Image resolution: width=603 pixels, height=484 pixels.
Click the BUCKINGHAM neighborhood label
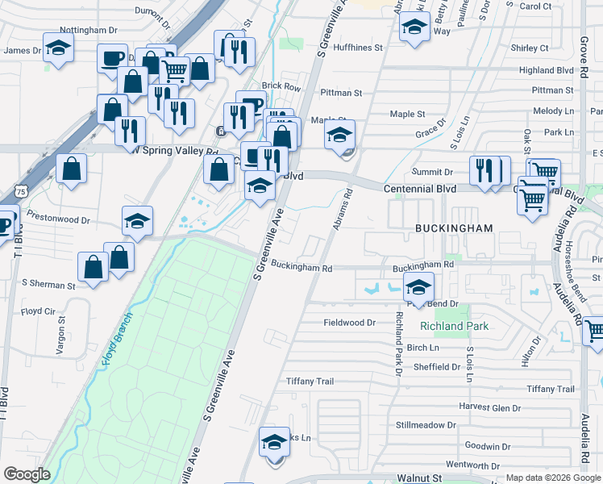point(454,228)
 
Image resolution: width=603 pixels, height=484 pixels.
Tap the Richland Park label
point(454,327)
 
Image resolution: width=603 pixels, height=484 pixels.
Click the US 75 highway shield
point(19,191)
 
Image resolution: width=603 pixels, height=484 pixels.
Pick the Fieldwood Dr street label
point(350,323)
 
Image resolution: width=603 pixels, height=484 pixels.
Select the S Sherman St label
point(48,285)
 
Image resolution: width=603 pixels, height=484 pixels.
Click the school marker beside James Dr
point(58,48)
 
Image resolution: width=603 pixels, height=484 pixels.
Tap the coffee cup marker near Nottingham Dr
point(112,57)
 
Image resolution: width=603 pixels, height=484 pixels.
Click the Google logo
point(27,474)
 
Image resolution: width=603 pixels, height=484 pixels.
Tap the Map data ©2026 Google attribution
point(552,478)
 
